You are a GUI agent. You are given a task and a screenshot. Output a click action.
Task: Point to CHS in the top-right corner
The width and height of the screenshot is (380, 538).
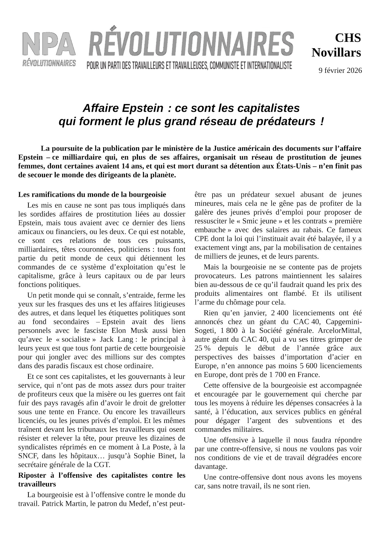(348, 38)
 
